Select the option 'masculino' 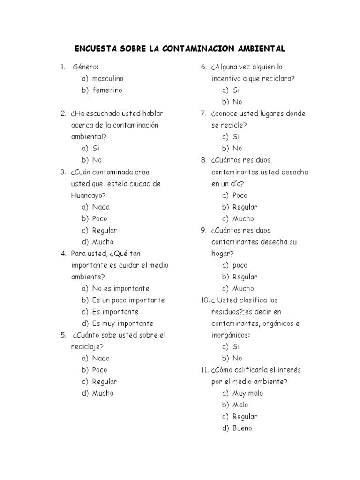[x=108, y=78]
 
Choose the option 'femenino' [x=107, y=90]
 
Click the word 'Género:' [x=86, y=67]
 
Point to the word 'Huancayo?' [x=88, y=195]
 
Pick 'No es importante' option [x=120, y=288]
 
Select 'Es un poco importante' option [x=128, y=300]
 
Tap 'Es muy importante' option [x=123, y=323]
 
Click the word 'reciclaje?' [x=87, y=347]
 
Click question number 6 [x=204, y=67]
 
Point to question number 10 [x=205, y=300]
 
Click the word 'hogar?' [x=222, y=254]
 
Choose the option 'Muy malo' [x=248, y=393]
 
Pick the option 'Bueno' [x=242, y=428]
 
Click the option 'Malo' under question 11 [x=240, y=405]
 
